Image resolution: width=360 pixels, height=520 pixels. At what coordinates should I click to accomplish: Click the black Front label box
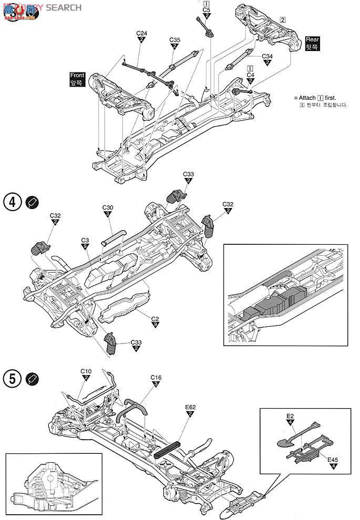[77, 79]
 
